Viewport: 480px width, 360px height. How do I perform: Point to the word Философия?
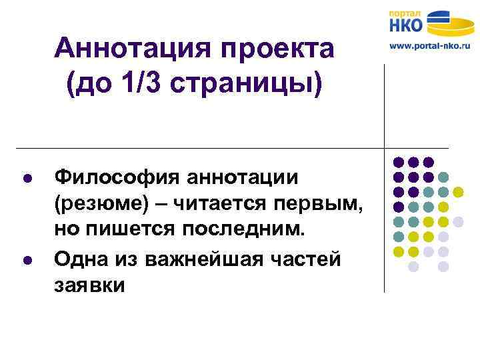(x=115, y=178)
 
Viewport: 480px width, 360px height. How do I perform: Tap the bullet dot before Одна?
(x=26, y=259)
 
